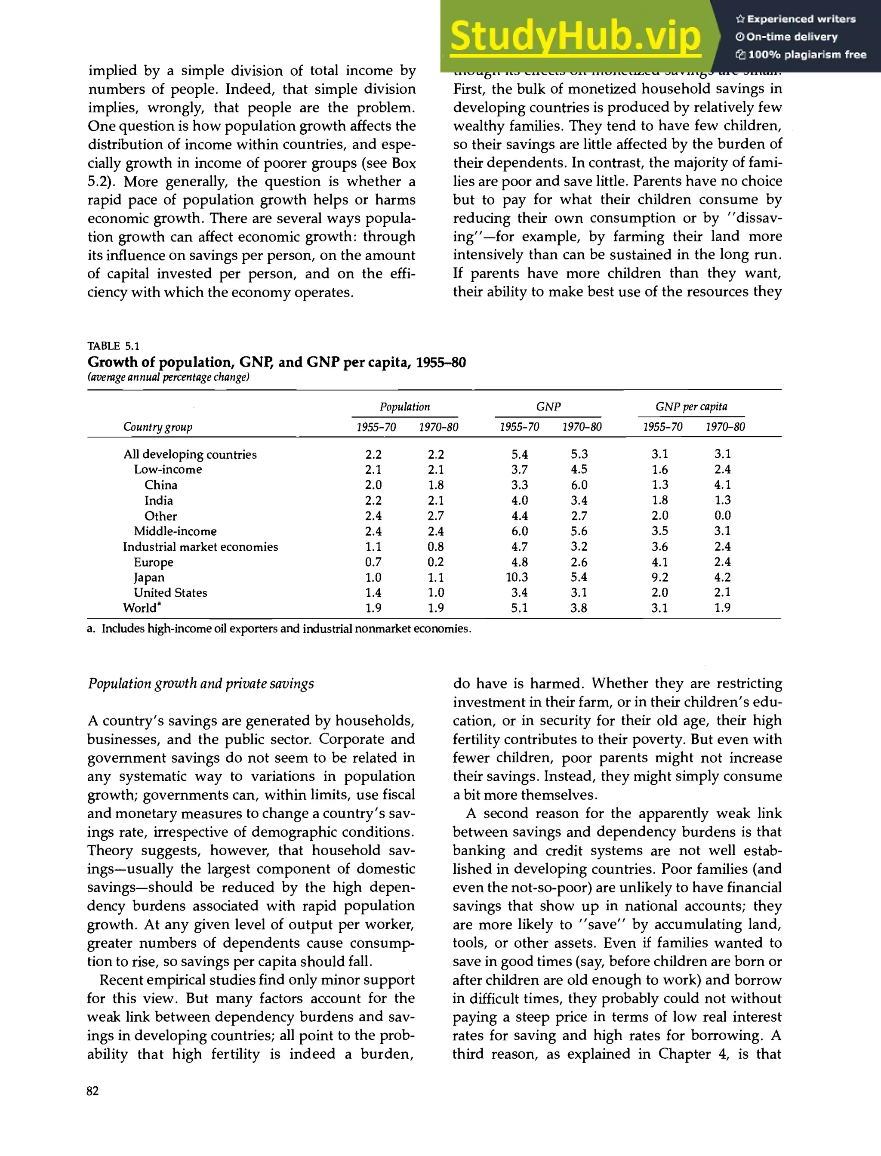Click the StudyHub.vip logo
coord(575,36)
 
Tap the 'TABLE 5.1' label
coord(113,345)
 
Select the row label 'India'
coord(158,500)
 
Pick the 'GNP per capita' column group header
coord(691,407)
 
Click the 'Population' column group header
coord(404,407)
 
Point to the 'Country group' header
coord(158,427)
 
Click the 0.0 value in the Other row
coord(722,515)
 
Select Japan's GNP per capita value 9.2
coord(660,577)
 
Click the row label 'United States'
coord(170,593)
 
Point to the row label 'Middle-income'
coord(175,531)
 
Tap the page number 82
coord(92,1091)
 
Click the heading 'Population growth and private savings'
coord(201,684)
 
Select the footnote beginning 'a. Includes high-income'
coord(279,629)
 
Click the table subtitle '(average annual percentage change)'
coord(168,377)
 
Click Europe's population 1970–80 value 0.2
coord(435,562)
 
